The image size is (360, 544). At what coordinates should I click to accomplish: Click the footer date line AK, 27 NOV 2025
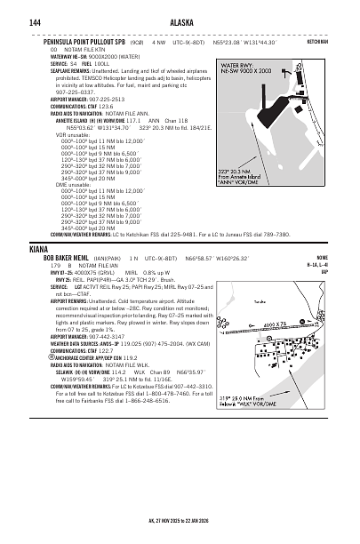coord(180,524)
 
